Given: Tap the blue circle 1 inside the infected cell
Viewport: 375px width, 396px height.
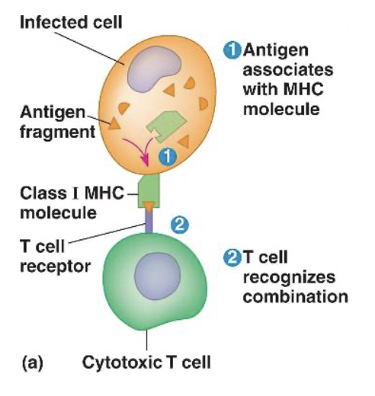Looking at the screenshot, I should tap(169, 156).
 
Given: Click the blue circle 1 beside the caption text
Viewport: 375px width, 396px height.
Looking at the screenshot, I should tap(230, 50).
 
